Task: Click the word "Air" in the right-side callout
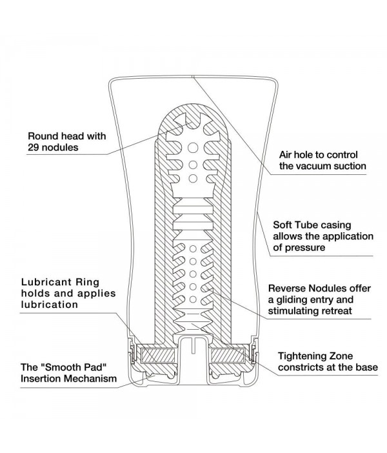coord(286,155)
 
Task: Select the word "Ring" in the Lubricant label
coord(97,283)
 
